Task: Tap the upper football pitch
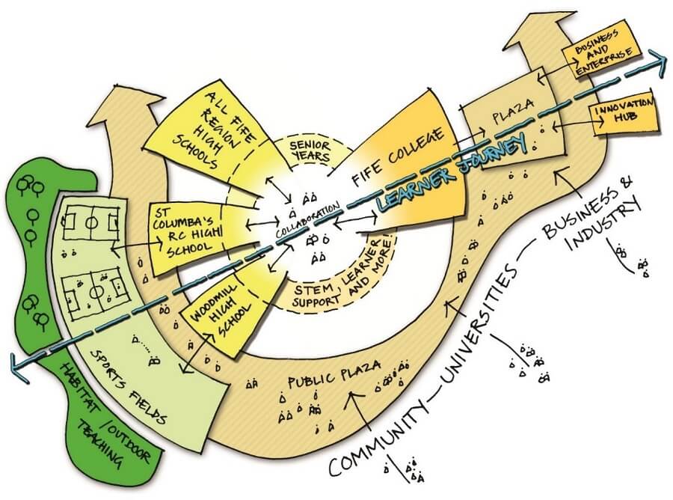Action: (90, 223)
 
